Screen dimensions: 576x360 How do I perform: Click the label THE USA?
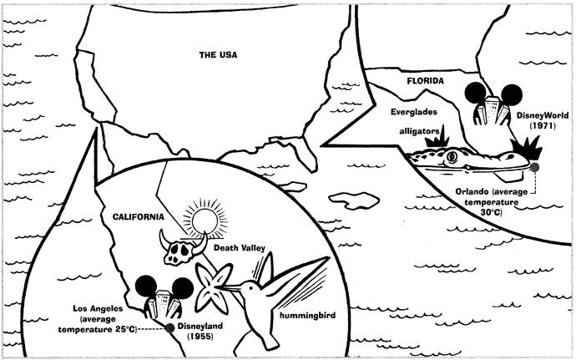218,55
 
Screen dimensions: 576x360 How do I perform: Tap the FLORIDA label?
425,81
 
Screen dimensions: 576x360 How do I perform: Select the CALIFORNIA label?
138,217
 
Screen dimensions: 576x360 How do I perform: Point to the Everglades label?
414,112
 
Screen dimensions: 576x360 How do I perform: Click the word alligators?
420,131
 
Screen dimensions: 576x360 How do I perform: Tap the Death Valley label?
239,248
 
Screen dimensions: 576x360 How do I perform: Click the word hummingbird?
307,316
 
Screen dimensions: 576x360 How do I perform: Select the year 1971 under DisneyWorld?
543,125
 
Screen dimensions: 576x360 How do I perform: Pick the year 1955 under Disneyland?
200,336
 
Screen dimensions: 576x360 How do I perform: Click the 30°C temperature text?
491,212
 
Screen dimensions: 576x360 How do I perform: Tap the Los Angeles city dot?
169,328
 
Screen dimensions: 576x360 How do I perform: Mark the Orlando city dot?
534,167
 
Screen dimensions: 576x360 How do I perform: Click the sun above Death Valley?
205,221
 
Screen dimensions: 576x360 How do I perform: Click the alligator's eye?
452,157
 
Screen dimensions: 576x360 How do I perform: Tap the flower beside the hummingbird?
213,287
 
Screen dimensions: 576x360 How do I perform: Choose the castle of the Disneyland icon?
164,304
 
